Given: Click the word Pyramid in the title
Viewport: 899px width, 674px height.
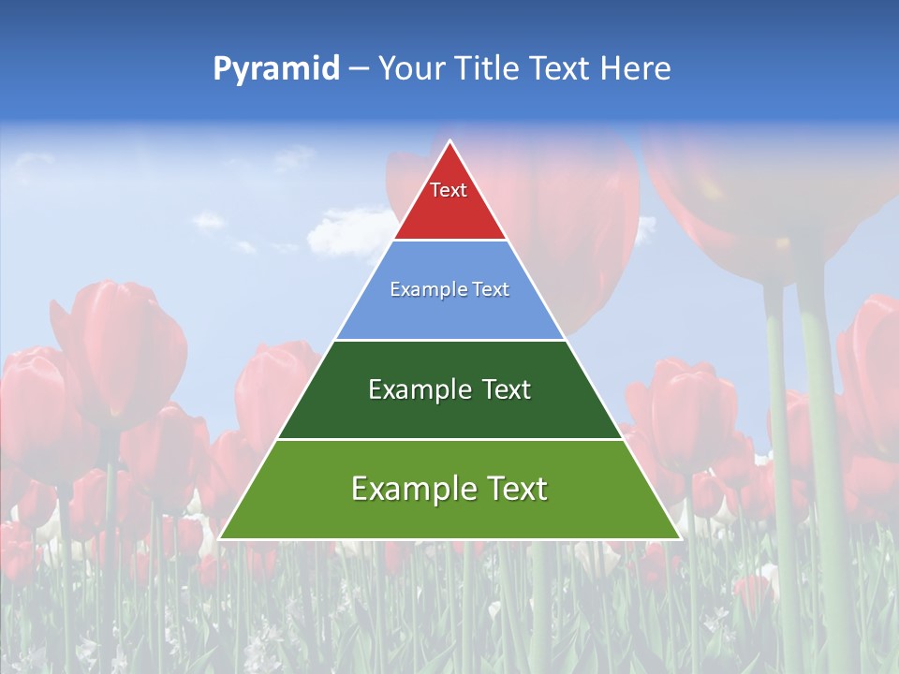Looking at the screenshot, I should click(276, 69).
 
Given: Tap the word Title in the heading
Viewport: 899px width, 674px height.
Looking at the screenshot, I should click(487, 68).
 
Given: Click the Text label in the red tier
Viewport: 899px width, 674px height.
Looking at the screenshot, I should click(449, 190).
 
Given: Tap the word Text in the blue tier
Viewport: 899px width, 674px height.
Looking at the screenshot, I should click(493, 290).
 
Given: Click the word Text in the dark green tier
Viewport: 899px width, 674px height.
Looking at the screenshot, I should click(506, 389).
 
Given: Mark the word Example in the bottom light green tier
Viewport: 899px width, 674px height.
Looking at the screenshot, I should click(412, 489).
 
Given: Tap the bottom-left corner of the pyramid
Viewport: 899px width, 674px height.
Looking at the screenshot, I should click(220, 538).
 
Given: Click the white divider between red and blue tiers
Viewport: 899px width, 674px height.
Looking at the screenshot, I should click(450, 241).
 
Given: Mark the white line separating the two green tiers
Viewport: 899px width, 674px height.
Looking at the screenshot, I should click(450, 439).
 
